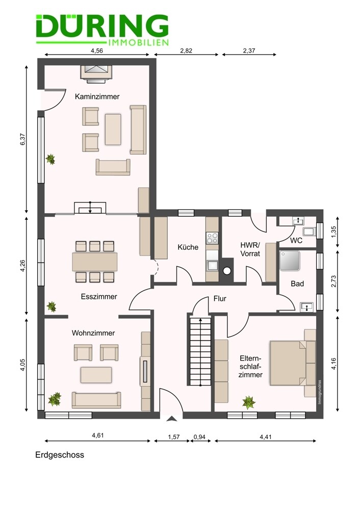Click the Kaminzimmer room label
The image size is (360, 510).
tap(97, 96)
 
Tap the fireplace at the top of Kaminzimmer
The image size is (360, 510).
tap(96, 72)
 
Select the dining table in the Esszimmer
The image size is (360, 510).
tap(95, 262)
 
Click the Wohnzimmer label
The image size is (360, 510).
tap(93, 333)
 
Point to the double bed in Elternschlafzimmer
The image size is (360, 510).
tap(288, 363)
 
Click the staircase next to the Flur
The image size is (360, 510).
tap(200, 351)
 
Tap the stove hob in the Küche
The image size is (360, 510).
tap(212, 238)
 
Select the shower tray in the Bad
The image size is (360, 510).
tap(290, 261)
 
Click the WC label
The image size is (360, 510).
tap(296, 240)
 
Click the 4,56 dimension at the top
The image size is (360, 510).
tap(97, 50)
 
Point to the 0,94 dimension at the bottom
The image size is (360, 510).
tap(200, 437)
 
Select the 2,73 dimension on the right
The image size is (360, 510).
tap(333, 281)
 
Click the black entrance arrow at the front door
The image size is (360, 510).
tap(171, 419)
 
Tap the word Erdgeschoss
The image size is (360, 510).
tap(60, 455)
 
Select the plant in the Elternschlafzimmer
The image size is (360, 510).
tap(249, 402)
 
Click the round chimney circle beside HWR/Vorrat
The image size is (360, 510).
tap(227, 271)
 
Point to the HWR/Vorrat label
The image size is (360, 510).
tap(250, 249)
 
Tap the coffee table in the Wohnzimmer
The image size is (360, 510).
tap(96, 375)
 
